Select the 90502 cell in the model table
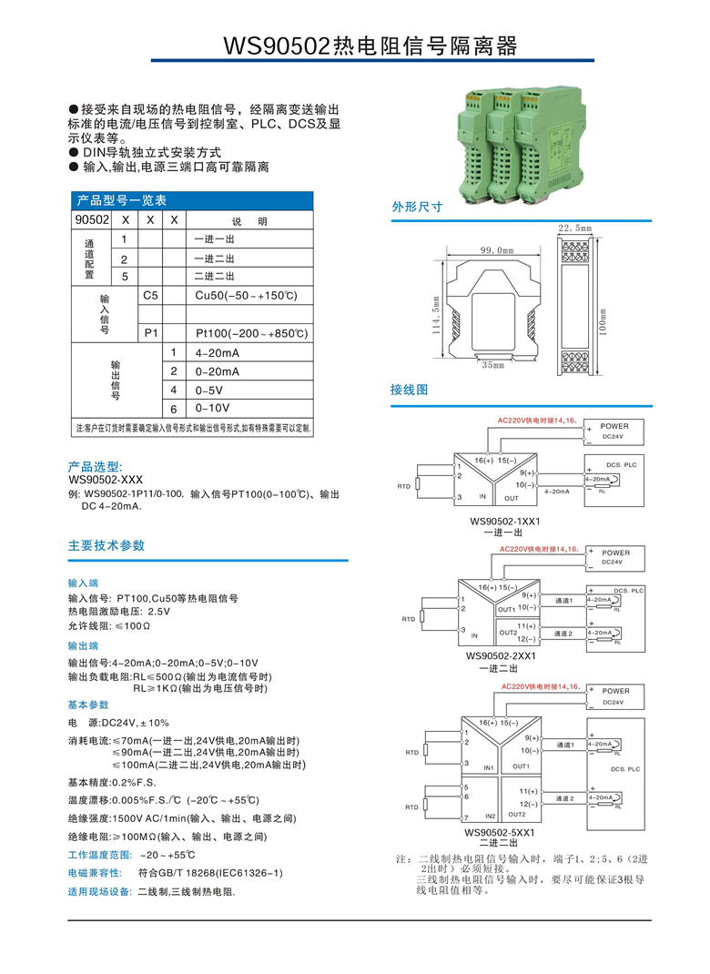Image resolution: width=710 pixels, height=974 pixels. point(91,220)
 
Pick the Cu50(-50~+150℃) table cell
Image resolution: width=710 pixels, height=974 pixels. point(246,296)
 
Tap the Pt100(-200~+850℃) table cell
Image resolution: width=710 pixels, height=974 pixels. point(246,334)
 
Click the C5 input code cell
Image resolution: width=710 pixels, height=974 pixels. point(150,296)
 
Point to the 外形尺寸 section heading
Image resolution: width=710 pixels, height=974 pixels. point(416,207)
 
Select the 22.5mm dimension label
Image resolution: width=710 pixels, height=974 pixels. point(574,228)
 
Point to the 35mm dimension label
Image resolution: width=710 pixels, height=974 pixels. point(492,364)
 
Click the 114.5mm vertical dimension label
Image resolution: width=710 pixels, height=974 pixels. point(436,313)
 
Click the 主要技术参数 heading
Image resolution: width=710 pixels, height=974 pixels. point(106,545)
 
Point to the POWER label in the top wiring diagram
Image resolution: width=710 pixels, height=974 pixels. point(614,426)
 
